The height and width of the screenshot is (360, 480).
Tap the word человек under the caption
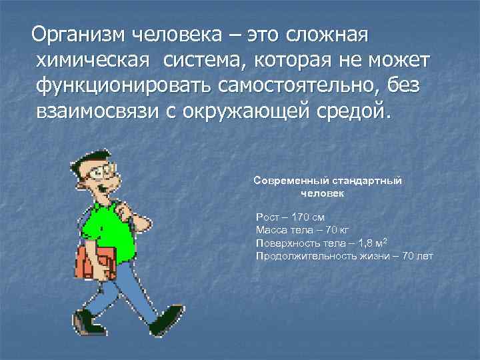(322, 193)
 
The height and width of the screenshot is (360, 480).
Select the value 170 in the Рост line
(298, 217)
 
